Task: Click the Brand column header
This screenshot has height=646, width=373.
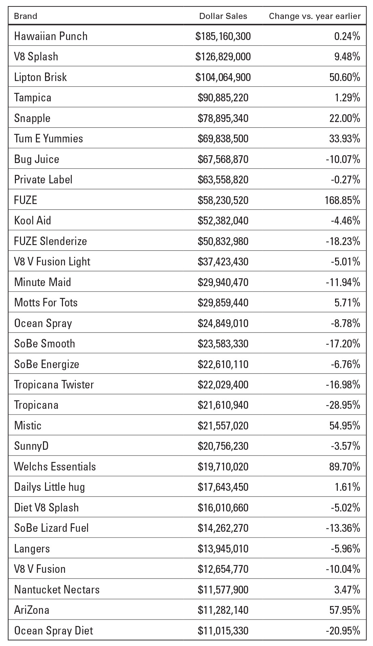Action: pyautogui.click(x=26, y=16)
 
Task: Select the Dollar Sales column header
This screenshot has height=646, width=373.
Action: pyautogui.click(x=223, y=16)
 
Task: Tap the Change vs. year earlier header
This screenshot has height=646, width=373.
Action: pyautogui.click(x=314, y=16)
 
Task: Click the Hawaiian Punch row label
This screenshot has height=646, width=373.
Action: pyautogui.click(x=51, y=36)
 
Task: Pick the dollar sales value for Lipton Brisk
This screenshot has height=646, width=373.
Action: pyautogui.click(x=223, y=77)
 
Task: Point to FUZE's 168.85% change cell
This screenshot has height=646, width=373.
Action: pyautogui.click(x=342, y=200)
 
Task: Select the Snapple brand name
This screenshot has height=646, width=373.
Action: pyautogui.click(x=32, y=118)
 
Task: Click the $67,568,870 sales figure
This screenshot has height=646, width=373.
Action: pyautogui.click(x=223, y=159)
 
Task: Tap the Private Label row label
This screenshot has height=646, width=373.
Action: pyautogui.click(x=43, y=180)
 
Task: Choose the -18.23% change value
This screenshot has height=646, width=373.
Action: pyautogui.click(x=343, y=241)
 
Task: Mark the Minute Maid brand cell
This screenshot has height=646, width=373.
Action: pyautogui.click(x=43, y=282)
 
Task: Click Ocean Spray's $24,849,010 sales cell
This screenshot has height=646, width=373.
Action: pyautogui.click(x=223, y=323)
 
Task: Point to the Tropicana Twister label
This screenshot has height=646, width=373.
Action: pyautogui.click(x=54, y=384)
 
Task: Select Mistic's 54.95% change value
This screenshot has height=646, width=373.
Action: pyautogui.click(x=345, y=425)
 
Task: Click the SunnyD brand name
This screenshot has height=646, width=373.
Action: pyautogui.click(x=31, y=446)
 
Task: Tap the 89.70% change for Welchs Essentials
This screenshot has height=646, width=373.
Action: pyautogui.click(x=345, y=467)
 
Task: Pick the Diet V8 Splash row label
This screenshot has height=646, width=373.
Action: pyautogui.click(x=46, y=507)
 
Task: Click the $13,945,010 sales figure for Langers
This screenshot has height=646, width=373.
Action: pyautogui.click(x=223, y=549)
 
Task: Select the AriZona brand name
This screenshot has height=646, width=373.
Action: pyautogui.click(x=32, y=610)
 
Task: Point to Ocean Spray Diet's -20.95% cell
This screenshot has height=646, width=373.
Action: pyautogui.click(x=343, y=631)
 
